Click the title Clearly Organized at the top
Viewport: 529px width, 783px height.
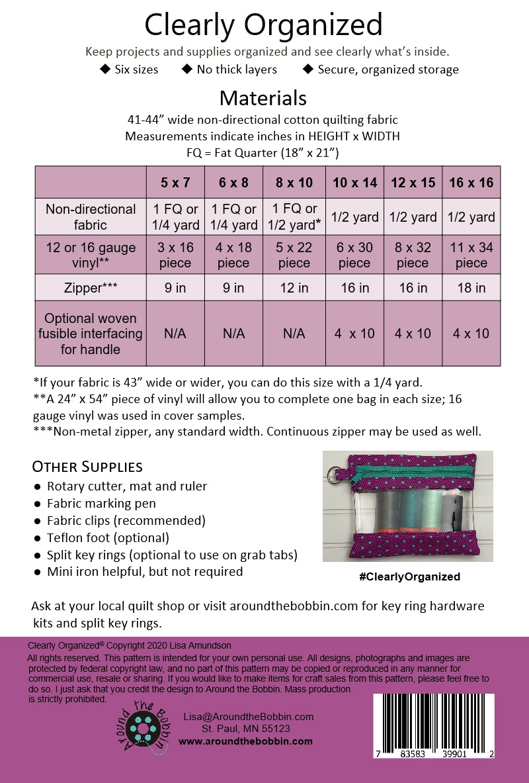tap(263, 25)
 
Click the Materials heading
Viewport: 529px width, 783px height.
tap(263, 98)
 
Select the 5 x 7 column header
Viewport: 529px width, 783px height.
tap(175, 183)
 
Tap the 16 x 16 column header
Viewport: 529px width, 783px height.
tap(471, 183)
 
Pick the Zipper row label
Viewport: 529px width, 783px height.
tap(90, 288)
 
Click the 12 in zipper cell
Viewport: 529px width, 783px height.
tap(294, 288)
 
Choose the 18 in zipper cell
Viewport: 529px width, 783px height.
tap(471, 288)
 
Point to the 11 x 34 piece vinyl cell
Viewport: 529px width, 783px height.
tap(471, 255)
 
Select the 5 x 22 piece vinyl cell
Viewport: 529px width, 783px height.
tap(294, 255)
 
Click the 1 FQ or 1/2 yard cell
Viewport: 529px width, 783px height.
tap(294, 216)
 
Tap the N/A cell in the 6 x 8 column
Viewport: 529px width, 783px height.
tap(233, 334)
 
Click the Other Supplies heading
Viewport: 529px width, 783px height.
tap(87, 467)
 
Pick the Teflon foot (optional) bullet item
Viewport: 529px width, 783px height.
tap(108, 537)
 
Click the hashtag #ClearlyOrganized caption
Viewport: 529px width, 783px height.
tap(409, 576)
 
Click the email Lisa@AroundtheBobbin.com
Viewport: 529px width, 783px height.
tap(248, 716)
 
